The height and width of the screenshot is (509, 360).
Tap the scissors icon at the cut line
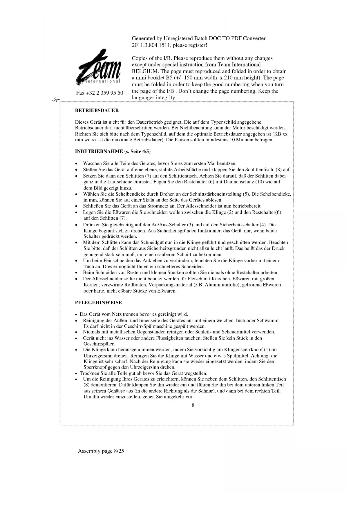(55, 100)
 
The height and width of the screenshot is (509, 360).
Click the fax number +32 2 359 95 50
(100, 93)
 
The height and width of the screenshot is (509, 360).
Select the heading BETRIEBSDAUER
(97, 111)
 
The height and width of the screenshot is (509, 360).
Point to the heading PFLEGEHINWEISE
(98, 302)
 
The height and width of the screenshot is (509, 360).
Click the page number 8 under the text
(193, 405)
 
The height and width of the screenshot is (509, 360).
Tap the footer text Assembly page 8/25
(101, 451)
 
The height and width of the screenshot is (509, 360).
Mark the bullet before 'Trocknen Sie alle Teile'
(76, 374)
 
